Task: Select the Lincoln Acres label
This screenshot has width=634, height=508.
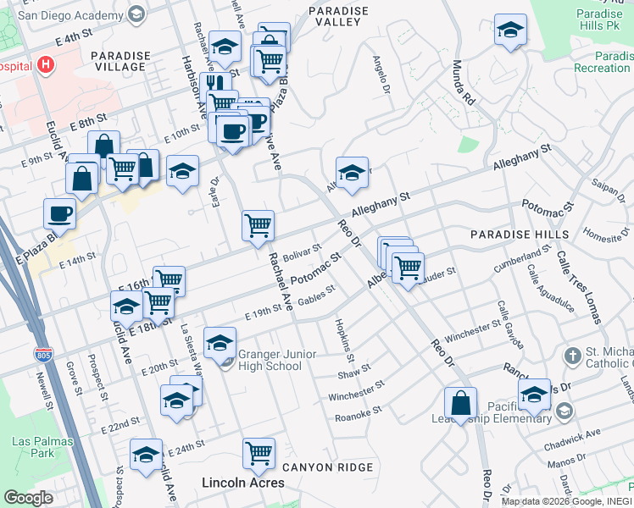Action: pos(242,483)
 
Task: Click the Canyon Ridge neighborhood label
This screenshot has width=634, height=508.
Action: pos(327,467)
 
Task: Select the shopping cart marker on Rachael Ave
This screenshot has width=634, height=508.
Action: pos(258,225)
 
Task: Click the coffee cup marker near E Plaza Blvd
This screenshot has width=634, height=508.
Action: pos(59,213)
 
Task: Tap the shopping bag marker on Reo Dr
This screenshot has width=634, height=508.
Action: pos(459,403)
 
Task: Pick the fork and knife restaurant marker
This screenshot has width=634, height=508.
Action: pos(215,85)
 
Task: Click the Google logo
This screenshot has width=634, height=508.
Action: pos(28,498)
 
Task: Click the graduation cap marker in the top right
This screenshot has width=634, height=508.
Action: pos(510,30)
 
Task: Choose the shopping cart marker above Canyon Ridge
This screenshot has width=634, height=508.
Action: pos(259,451)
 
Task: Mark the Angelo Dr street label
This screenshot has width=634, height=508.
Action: pos(381,77)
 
